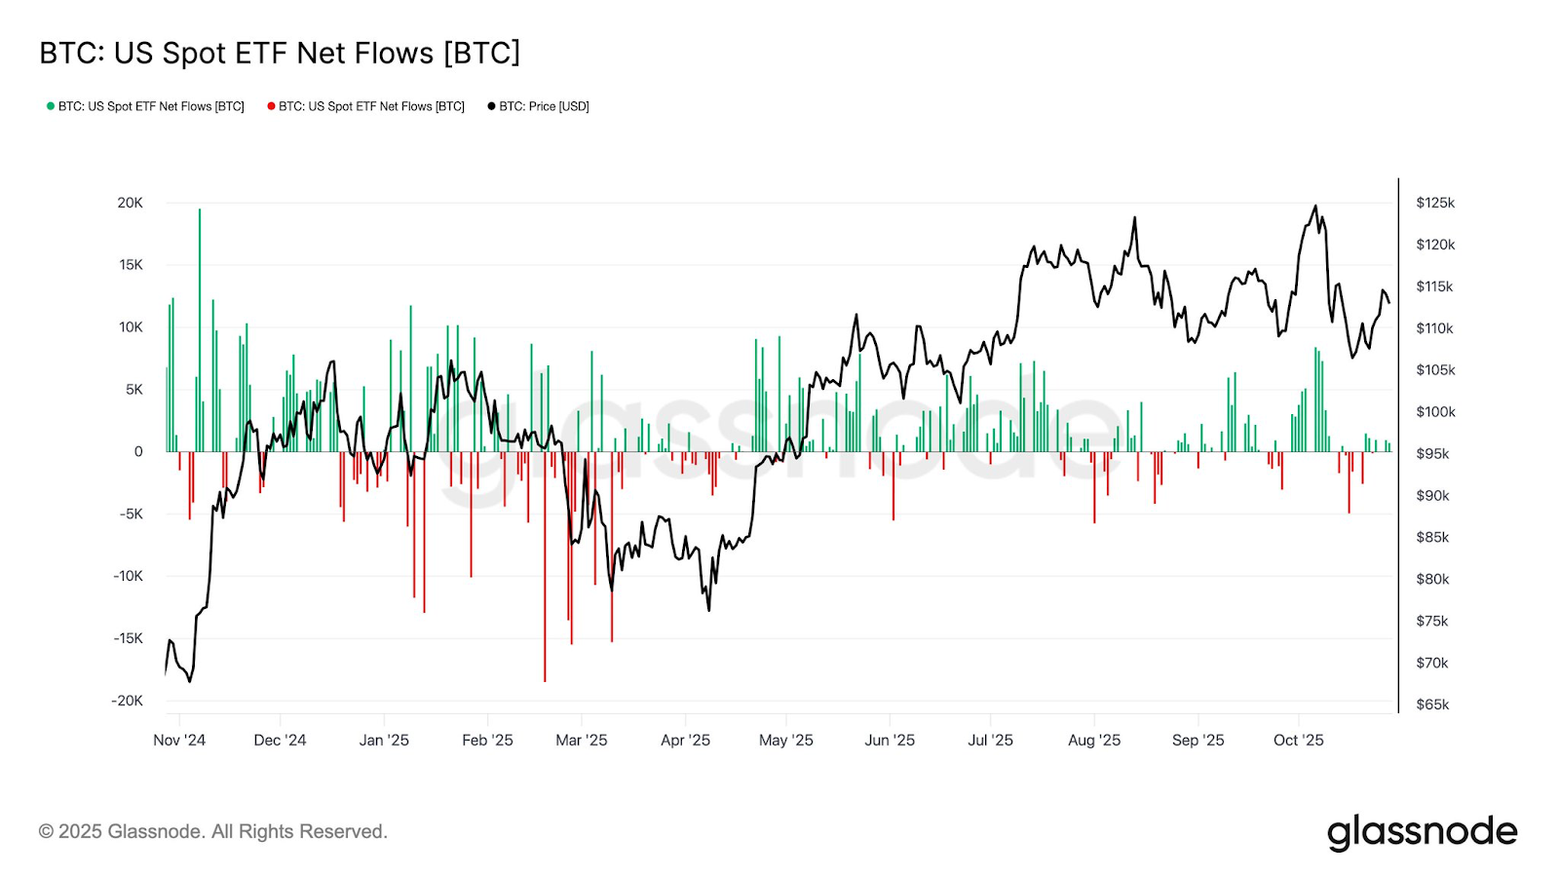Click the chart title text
coord(280,53)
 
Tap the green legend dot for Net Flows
coord(51,106)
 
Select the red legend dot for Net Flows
coord(271,106)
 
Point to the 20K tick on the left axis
coord(130,203)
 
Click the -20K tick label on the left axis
coord(127,701)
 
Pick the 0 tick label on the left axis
coord(138,451)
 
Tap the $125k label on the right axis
coord(1435,203)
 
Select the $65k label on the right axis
coord(1432,705)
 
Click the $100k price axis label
coord(1435,412)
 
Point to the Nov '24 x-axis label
coord(179,741)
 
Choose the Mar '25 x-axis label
coord(581,741)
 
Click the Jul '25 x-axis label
coord(990,741)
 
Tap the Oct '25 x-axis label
coord(1298,741)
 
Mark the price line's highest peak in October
coord(1315,207)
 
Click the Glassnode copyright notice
coord(212,831)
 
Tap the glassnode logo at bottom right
coord(1422,832)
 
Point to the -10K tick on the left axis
coord(128,576)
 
